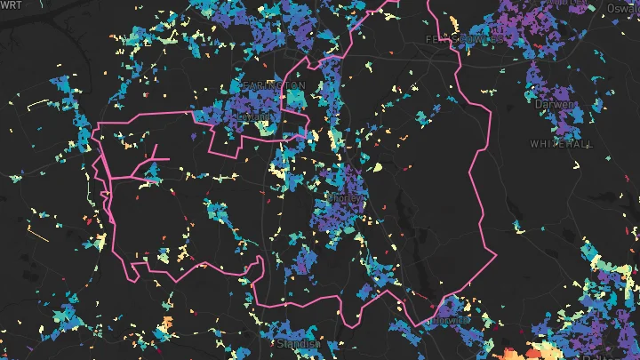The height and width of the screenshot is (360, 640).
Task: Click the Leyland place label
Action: (x=252, y=115)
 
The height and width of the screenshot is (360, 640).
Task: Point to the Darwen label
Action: (x=556, y=104)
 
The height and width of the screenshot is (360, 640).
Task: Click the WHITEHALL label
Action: (x=559, y=143)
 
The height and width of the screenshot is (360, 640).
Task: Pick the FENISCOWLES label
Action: (x=465, y=40)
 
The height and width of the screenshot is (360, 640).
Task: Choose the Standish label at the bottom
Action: (x=298, y=343)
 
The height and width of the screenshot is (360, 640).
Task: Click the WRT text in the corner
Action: (x=12, y=5)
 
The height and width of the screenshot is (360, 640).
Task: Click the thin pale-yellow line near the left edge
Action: (x=38, y=104)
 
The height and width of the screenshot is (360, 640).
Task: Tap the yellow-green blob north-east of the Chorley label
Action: (x=377, y=166)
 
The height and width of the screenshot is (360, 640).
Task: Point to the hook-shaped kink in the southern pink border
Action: (x=259, y=262)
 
